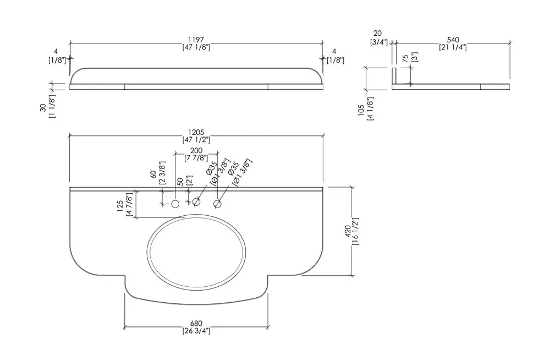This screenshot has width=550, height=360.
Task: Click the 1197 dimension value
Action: [x=196, y=40]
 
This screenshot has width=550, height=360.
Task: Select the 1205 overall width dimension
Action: [x=196, y=132]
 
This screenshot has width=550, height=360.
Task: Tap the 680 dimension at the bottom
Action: [x=196, y=323]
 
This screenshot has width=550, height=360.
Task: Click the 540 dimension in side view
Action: [x=453, y=40]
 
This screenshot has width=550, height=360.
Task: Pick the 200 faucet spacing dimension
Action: [x=196, y=150]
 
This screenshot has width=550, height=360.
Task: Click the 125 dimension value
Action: [x=120, y=205]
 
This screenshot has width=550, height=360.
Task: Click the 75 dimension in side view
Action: [x=406, y=59]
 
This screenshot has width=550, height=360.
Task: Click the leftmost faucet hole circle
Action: [x=175, y=204]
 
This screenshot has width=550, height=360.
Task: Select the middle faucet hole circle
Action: [x=196, y=203]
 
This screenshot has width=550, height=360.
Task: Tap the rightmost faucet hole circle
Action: [x=218, y=204]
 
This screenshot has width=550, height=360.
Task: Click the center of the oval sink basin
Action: [x=196, y=252]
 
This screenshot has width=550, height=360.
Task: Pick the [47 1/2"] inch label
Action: [x=196, y=140]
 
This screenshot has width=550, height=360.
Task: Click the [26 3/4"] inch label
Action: [x=196, y=331]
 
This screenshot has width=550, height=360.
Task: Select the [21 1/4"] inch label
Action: [x=453, y=47]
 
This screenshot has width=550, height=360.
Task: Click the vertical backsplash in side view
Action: [x=394, y=77]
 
